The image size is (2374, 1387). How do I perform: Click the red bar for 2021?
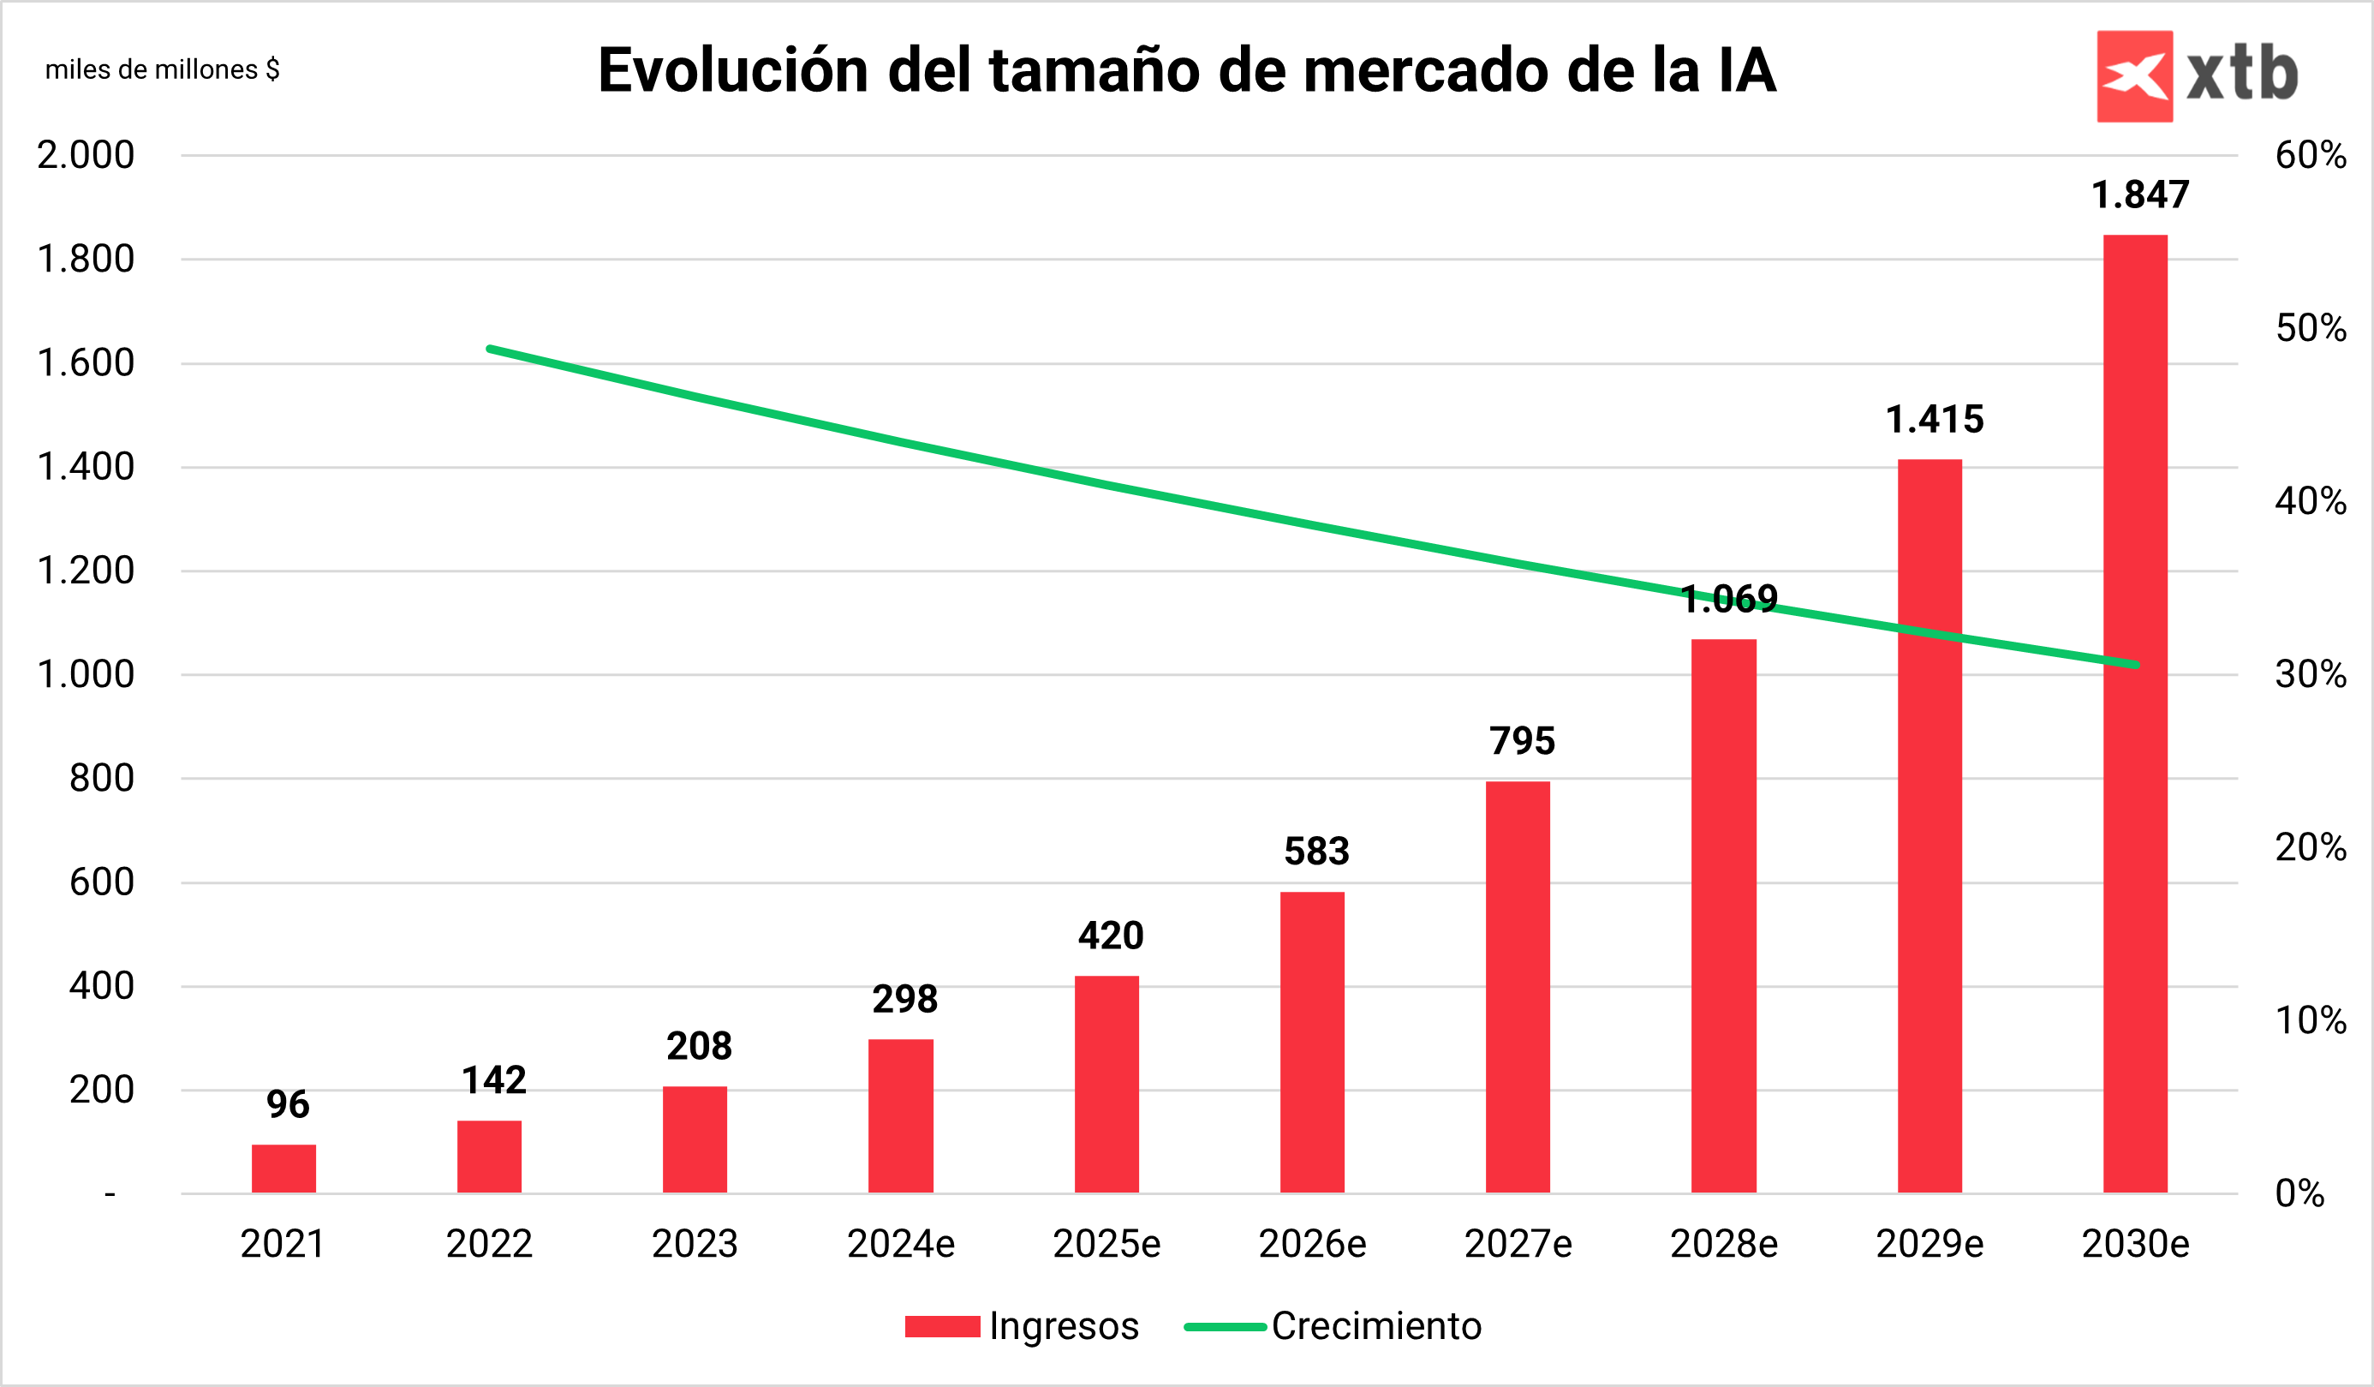click(283, 1169)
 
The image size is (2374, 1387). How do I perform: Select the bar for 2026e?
click(1311, 1041)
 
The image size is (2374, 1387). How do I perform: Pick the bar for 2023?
click(695, 1139)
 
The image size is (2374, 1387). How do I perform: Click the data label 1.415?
click(1934, 419)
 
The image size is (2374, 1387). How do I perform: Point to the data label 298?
click(904, 999)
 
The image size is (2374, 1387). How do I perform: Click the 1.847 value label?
click(2140, 195)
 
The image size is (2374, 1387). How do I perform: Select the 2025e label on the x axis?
click(1106, 1244)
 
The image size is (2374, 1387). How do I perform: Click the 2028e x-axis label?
click(1724, 1244)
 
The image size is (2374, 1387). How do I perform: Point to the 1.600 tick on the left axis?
click(86, 362)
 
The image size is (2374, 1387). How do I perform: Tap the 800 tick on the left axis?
click(102, 778)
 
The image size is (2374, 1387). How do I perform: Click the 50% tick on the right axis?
click(2310, 328)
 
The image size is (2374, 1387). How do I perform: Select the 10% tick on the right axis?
click(2310, 1019)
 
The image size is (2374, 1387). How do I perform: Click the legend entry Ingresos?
click(1063, 1326)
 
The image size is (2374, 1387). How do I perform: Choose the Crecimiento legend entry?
click(1375, 1326)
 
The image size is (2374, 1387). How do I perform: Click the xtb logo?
click(2197, 75)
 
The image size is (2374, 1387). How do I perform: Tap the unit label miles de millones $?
click(162, 69)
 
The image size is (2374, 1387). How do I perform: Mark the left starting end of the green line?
click(490, 349)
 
